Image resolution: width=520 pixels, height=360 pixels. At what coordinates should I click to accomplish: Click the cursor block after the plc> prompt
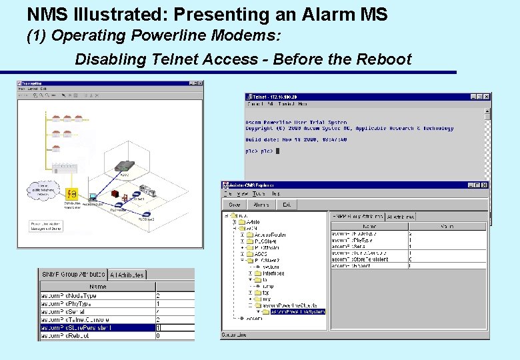(277, 151)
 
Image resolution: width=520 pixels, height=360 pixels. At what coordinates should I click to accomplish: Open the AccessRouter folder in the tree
(269, 235)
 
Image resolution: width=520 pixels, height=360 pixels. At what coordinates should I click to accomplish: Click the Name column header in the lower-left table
(97, 287)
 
